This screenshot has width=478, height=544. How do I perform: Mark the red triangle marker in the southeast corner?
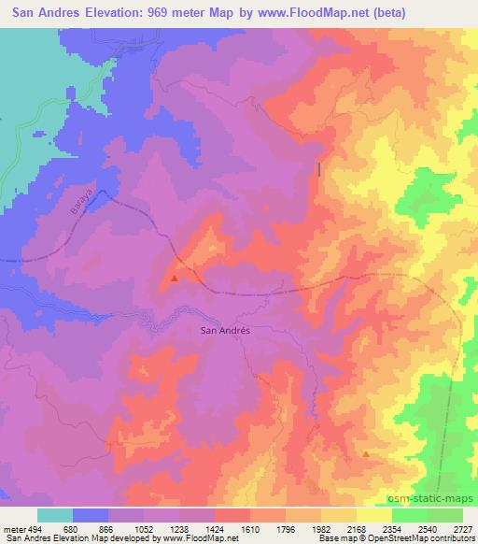[x=365, y=454]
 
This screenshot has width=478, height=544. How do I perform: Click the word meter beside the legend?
[x=12, y=526]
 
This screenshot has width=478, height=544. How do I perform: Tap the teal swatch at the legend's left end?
[x=55, y=515]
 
